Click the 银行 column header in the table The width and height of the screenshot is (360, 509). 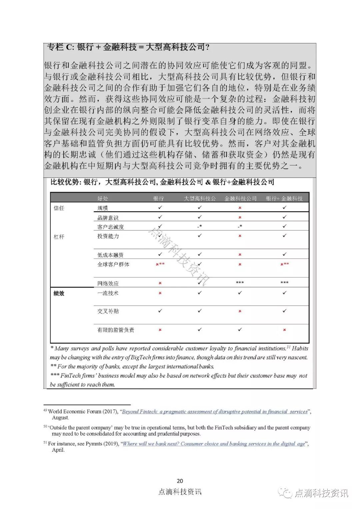pyautogui.click(x=159, y=198)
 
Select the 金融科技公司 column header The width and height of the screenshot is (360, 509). pyautogui.click(x=240, y=198)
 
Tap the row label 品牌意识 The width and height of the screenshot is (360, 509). pyautogui.click(x=108, y=218)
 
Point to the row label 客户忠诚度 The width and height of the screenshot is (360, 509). pyautogui.click(x=110, y=227)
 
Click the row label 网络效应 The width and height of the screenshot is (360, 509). pyautogui.click(x=108, y=284)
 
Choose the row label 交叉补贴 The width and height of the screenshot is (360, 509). pyautogui.click(x=108, y=311)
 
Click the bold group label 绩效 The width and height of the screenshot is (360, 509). pyautogui.click(x=59, y=294)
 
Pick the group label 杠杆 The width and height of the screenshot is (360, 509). pyautogui.click(x=59, y=237)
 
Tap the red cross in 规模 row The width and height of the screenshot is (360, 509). pyautogui.click(x=240, y=208)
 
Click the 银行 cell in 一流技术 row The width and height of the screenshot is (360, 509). pyautogui.click(x=160, y=293)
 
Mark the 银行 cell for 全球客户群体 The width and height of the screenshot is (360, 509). pyautogui.click(x=160, y=264)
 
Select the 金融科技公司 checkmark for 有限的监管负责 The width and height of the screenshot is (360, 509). pyautogui.click(x=240, y=330)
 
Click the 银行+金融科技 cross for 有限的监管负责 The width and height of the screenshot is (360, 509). pyautogui.click(x=284, y=330)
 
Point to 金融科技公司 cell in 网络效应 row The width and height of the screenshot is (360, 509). pyautogui.click(x=240, y=283)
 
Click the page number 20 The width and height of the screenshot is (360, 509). pyautogui.click(x=180, y=481)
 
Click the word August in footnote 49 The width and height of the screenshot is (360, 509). pyautogui.click(x=60, y=418)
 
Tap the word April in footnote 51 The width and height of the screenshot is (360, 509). pyautogui.click(x=58, y=450)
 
